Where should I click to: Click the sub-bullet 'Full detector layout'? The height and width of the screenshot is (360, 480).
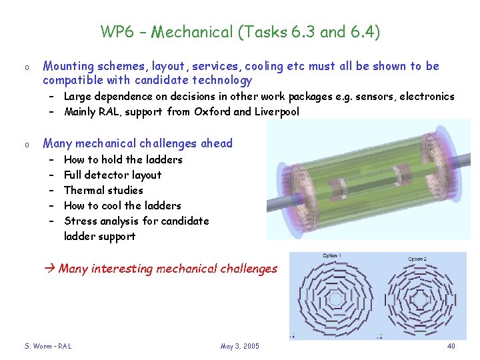tap(113, 175)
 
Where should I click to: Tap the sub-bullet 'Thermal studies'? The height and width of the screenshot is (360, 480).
tap(103, 190)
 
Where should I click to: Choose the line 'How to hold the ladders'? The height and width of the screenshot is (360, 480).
tap(123, 159)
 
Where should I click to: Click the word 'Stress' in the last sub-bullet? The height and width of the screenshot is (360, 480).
tap(80, 221)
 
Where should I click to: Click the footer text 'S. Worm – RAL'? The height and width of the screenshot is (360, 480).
tap(47, 346)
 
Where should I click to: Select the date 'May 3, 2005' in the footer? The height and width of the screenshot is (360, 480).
tap(239, 346)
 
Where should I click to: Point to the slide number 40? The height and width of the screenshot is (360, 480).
tap(451, 346)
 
